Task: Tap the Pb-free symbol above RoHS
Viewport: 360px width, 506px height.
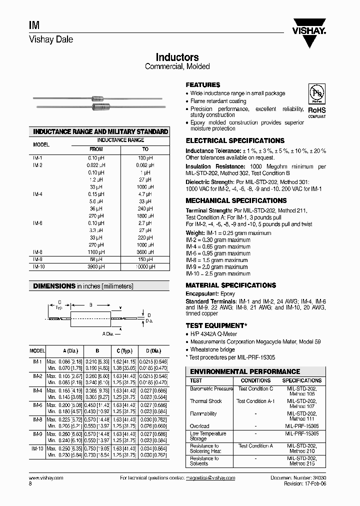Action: coord(316,94)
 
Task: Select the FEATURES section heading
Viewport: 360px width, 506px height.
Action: coord(202,85)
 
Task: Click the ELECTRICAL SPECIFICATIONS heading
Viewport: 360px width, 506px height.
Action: coord(235,141)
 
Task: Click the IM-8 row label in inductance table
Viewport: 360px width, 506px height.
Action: coord(38,252)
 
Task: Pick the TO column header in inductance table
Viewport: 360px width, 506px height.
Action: coord(145,149)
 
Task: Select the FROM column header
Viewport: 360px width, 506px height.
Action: coord(96,149)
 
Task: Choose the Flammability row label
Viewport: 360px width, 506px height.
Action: coord(203,414)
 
